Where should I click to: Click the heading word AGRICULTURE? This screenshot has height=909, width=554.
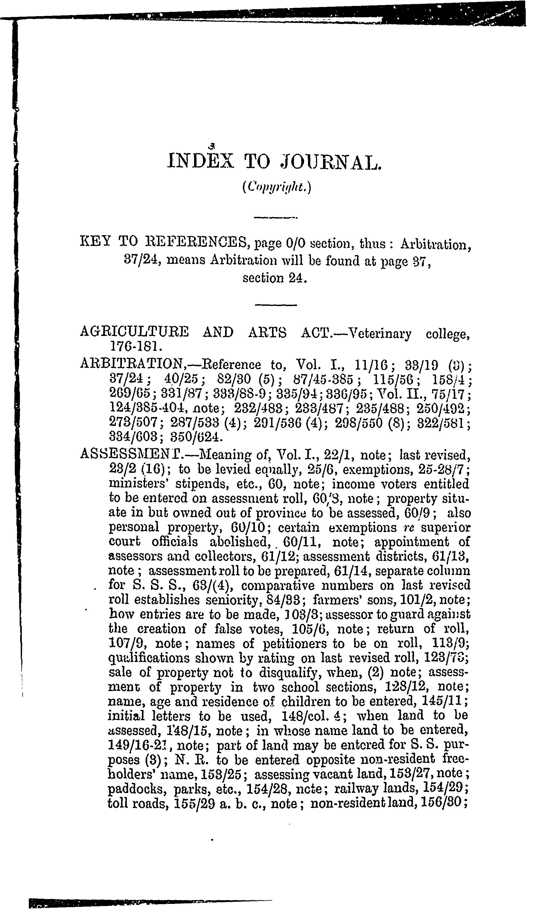134,332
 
